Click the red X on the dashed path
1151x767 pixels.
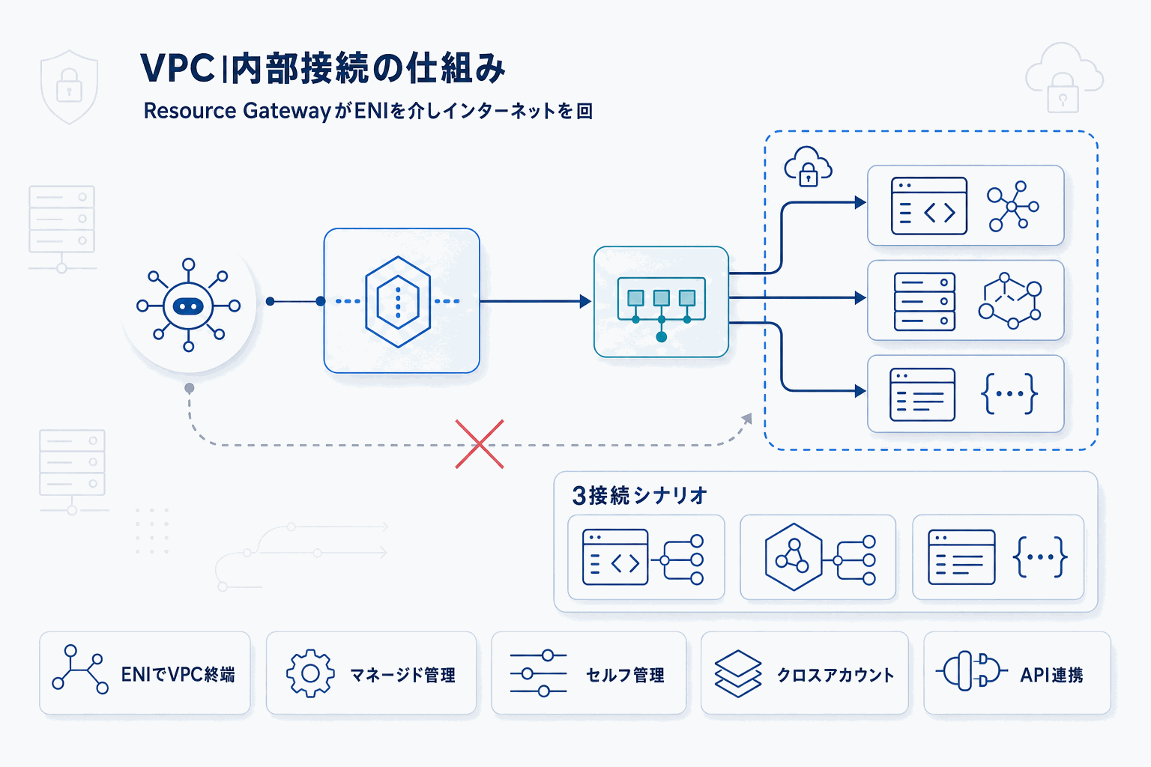tap(480, 444)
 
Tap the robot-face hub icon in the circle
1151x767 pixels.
tap(188, 306)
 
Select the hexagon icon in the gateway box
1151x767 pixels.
tap(398, 301)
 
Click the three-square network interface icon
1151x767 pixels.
tap(661, 303)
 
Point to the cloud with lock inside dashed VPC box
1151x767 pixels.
tap(808, 166)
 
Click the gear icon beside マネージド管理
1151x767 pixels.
tap(310, 673)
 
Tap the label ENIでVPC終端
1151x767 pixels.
tap(178, 675)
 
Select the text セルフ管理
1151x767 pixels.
tap(625, 675)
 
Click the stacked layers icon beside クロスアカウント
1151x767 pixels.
tap(738, 673)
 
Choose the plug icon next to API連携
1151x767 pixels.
tap(971, 671)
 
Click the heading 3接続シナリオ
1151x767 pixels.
tap(639, 495)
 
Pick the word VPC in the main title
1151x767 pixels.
tap(178, 69)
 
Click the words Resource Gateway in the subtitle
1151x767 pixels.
tap(237, 111)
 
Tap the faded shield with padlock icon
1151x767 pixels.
tap(69, 86)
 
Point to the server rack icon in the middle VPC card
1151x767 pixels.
tap(925, 301)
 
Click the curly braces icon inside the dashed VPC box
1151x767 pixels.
tap(1009, 393)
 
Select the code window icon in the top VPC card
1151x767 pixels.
tap(928, 206)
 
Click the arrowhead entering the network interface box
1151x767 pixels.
tap(585, 302)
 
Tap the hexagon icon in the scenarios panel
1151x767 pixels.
tap(794, 557)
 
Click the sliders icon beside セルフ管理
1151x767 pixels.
tap(538, 673)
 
